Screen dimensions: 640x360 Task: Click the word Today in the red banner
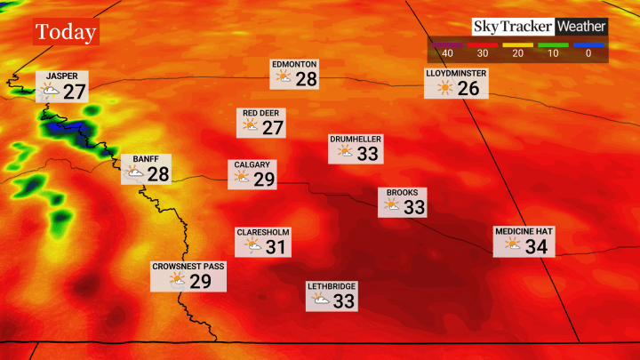point(66,33)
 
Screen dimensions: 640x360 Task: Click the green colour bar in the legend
point(552,44)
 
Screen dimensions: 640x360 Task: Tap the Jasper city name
point(62,76)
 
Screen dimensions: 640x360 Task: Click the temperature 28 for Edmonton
point(307,79)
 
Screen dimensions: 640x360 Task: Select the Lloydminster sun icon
point(444,88)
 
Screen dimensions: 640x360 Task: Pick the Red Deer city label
point(262,114)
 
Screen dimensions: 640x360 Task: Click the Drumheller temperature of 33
point(368,154)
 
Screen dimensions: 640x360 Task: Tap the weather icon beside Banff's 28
point(135,173)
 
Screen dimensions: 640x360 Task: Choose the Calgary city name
point(252,164)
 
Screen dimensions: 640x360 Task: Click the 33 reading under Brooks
point(414,207)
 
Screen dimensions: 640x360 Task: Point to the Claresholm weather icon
point(253,246)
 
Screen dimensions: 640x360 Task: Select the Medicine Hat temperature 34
point(535,246)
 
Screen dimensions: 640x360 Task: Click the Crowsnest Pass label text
point(188,266)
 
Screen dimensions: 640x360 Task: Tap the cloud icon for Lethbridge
point(320,300)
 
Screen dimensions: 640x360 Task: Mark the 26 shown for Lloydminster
point(468,89)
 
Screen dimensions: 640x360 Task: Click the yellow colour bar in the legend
point(516,44)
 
